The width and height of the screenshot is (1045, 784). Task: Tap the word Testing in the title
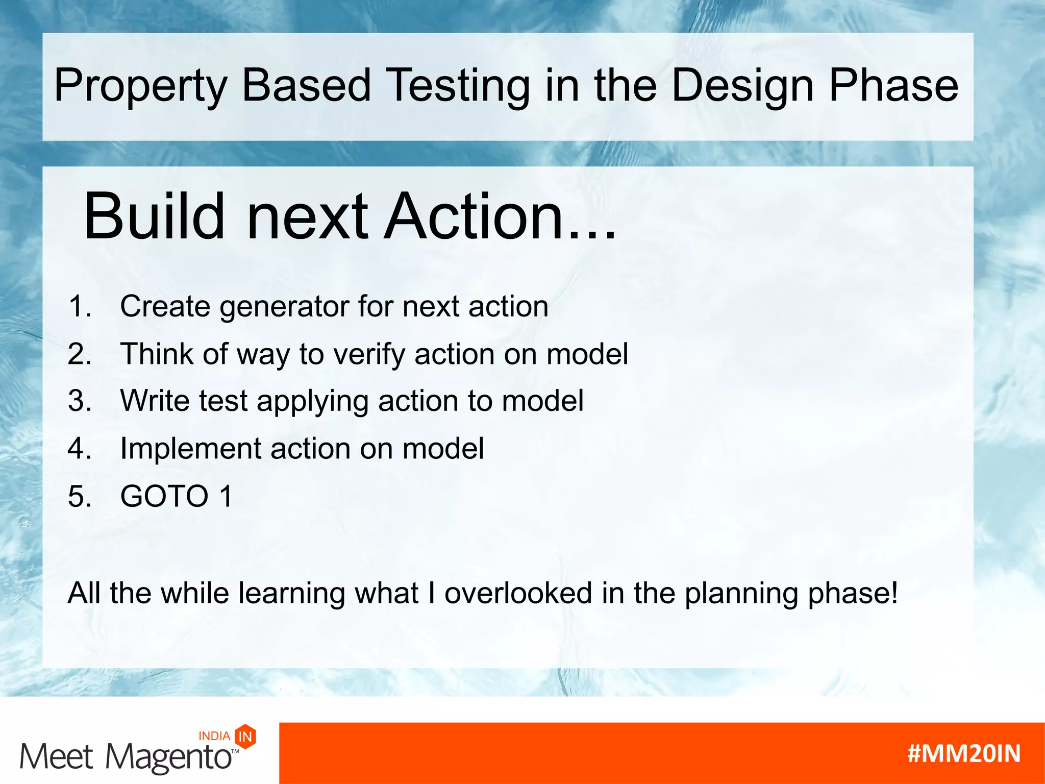coord(458,86)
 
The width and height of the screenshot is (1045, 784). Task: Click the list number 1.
coord(80,306)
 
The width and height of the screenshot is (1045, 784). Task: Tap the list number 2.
coord(80,354)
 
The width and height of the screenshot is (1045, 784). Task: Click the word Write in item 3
coord(155,401)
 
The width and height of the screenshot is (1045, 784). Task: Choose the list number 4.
coord(80,449)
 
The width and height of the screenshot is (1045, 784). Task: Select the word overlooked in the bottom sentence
coord(518,593)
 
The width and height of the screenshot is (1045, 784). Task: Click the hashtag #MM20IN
coord(964,754)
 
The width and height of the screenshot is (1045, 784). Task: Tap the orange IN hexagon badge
coord(245,737)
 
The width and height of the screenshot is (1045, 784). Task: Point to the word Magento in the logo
coord(169,757)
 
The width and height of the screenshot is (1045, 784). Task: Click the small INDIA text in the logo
coord(214,736)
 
